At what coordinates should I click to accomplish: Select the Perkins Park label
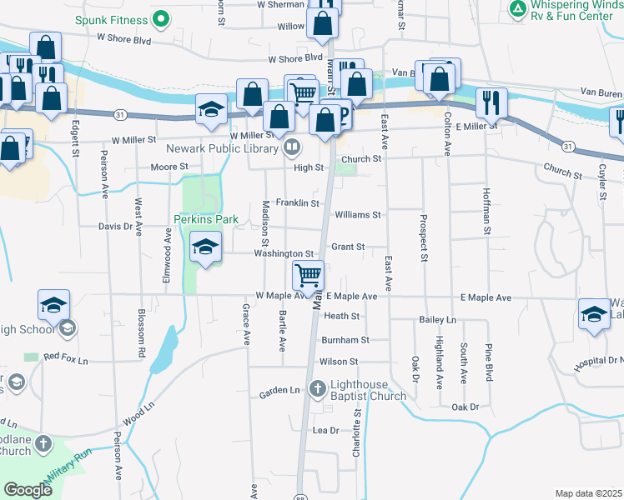tap(206, 220)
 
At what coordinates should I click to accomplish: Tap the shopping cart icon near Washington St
tap(309, 274)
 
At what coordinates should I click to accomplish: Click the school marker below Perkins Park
tap(205, 247)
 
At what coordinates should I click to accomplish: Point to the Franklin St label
tap(298, 202)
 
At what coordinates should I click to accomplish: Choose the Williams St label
tap(357, 214)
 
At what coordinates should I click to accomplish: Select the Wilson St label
tap(339, 362)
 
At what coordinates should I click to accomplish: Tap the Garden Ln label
tap(279, 391)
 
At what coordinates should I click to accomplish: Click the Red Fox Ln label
tap(65, 357)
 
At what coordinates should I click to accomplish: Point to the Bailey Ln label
tap(439, 320)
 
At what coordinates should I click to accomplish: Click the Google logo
tap(28, 490)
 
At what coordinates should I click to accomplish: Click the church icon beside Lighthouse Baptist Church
tap(317, 388)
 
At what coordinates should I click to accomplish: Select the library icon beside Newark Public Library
tap(292, 149)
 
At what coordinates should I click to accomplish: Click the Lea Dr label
tap(325, 430)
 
